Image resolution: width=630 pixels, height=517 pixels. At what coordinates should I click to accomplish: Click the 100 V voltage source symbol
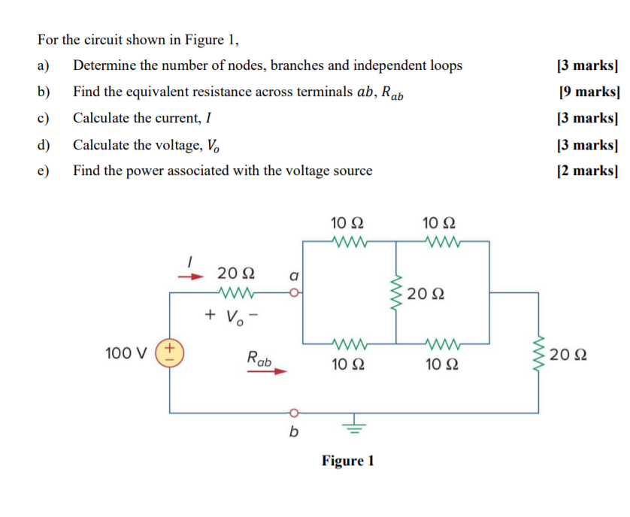170,352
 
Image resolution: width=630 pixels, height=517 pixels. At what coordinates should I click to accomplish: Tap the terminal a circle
294,292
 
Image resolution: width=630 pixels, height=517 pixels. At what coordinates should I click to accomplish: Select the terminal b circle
294,413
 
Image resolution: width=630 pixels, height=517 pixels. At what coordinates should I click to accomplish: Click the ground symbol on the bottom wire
354,427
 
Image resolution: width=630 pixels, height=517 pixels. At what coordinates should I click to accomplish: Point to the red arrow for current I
191,277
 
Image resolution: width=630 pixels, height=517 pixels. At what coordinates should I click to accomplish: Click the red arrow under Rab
267,371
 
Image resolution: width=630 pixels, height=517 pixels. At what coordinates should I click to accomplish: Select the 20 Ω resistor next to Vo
236,292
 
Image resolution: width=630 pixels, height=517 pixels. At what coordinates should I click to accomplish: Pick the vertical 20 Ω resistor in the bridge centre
396,292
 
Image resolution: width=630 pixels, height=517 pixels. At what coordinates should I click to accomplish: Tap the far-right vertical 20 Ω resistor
538,352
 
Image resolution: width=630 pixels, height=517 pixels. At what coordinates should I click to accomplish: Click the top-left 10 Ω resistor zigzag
350,241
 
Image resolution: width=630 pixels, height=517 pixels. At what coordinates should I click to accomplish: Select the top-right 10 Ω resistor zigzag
442,241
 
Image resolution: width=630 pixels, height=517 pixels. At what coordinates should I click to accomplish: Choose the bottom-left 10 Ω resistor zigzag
350,344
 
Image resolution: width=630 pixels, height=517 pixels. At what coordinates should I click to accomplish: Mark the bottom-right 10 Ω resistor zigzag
442,344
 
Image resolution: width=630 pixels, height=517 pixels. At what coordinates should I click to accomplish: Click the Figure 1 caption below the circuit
348,461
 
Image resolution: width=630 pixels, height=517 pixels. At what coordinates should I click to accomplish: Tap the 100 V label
126,353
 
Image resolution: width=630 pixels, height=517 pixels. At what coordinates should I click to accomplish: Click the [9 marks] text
589,92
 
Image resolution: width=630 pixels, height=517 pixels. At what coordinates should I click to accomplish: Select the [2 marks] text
587,171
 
